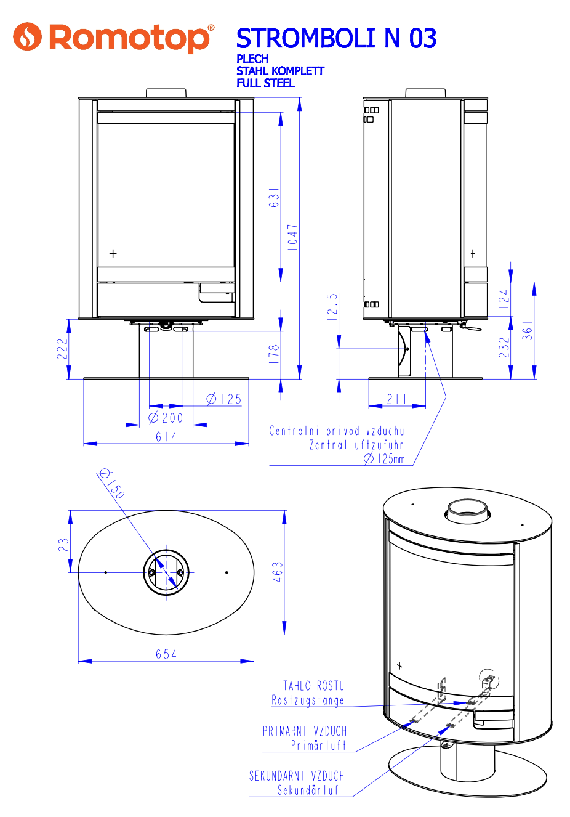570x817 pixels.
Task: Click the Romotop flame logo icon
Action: (x=28, y=37)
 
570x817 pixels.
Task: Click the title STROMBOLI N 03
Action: (x=336, y=38)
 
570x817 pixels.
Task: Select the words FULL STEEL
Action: (x=265, y=83)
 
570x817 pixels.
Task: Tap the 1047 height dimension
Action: (x=293, y=237)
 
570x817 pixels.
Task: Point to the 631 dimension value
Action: (x=274, y=197)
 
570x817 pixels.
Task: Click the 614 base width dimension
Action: (x=166, y=437)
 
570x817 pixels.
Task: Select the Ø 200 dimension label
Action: (x=166, y=418)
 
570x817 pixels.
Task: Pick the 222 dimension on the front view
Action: (x=62, y=349)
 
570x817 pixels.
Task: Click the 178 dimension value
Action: (x=275, y=354)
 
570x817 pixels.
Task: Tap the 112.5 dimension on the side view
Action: (x=332, y=311)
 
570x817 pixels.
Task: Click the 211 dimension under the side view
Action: (x=397, y=399)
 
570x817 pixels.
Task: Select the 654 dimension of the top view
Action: (x=166, y=654)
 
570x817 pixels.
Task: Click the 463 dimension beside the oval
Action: (x=278, y=572)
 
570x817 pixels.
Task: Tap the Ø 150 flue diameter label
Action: (x=112, y=484)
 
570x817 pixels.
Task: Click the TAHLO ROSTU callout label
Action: (x=313, y=686)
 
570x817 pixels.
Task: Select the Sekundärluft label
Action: (x=310, y=790)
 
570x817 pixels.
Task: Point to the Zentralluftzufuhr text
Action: (x=356, y=445)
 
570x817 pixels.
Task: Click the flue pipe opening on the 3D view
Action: (x=467, y=509)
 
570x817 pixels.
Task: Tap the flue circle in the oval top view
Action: (x=166, y=572)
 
